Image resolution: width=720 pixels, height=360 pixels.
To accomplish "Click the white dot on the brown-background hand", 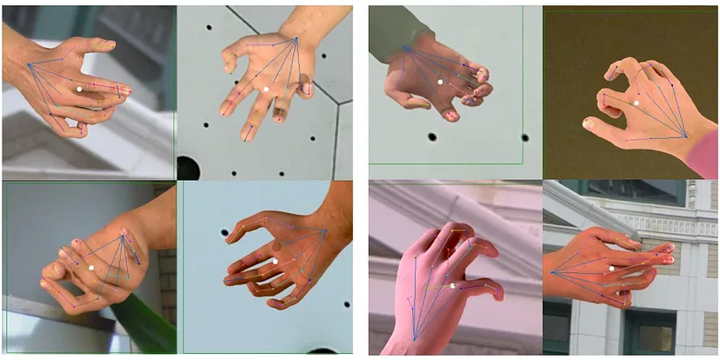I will pyautogui.click(x=637, y=103).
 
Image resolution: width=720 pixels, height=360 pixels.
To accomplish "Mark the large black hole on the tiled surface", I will pyautogui.click(x=188, y=167).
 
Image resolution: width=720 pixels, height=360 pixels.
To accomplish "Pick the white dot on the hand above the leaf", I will pyautogui.click(x=90, y=268).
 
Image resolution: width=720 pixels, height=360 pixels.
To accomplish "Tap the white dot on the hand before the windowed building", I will pyautogui.click(x=612, y=268).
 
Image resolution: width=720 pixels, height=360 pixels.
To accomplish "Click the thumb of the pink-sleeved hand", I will pyautogui.click(x=600, y=124).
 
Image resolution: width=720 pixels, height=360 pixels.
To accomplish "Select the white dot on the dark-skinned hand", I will pyautogui.click(x=274, y=260).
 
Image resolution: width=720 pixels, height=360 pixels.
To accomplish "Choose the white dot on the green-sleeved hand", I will pyautogui.click(x=440, y=82).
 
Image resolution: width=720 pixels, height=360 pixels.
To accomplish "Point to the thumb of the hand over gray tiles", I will pyautogui.click(x=230, y=59).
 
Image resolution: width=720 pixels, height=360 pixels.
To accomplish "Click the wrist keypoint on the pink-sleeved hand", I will pyautogui.click(x=685, y=137).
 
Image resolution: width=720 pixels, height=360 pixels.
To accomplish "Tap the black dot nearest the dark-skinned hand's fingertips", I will pyautogui.click(x=224, y=233).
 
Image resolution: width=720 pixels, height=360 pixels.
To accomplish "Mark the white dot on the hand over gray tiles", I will pyautogui.click(x=265, y=88).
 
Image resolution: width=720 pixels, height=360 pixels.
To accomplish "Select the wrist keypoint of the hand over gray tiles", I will pyautogui.click(x=297, y=38).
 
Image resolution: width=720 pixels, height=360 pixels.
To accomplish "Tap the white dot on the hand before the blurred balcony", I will pyautogui.click(x=78, y=89).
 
